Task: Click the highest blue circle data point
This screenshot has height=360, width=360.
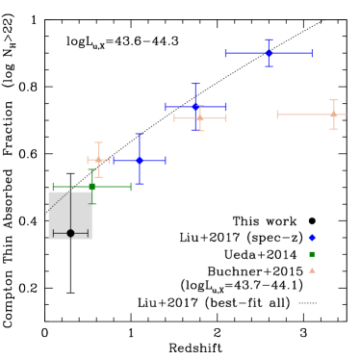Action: click(x=269, y=53)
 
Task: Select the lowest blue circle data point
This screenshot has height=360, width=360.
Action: click(x=140, y=161)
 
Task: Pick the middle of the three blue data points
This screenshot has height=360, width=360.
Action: click(x=195, y=107)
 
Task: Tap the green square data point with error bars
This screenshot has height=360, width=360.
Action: click(x=92, y=187)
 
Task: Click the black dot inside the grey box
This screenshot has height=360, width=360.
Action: click(x=70, y=233)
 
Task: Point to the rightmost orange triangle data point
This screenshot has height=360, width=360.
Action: click(x=333, y=115)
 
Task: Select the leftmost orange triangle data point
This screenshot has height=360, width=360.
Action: click(x=98, y=160)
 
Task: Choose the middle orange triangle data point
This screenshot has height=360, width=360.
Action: click(x=200, y=118)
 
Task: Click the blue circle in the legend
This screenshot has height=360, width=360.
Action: click(x=312, y=238)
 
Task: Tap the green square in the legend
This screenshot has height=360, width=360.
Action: click(x=312, y=254)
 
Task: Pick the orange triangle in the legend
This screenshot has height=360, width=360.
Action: click(x=312, y=270)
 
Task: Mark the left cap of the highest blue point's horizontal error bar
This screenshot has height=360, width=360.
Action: click(x=226, y=53)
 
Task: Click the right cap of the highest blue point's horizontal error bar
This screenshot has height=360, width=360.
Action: click(x=312, y=53)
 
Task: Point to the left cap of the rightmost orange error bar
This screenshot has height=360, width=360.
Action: click(x=277, y=115)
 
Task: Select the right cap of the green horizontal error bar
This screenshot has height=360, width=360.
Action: click(x=131, y=187)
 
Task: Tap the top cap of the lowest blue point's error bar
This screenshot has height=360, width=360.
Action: click(x=140, y=135)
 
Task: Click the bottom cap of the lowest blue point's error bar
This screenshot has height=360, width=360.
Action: click(x=140, y=183)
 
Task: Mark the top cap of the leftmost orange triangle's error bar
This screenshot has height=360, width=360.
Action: click(x=98, y=143)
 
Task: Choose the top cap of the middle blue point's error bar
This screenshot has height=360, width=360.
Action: click(x=195, y=85)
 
